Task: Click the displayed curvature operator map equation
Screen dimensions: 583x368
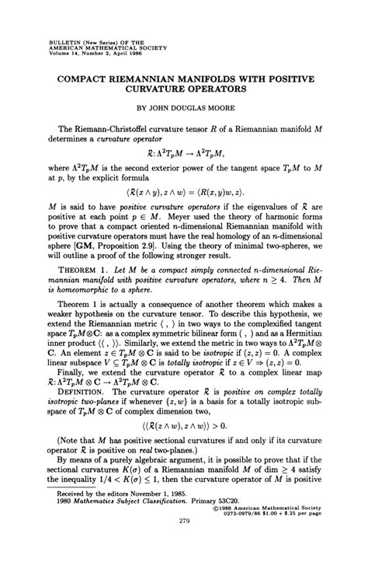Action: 183,159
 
